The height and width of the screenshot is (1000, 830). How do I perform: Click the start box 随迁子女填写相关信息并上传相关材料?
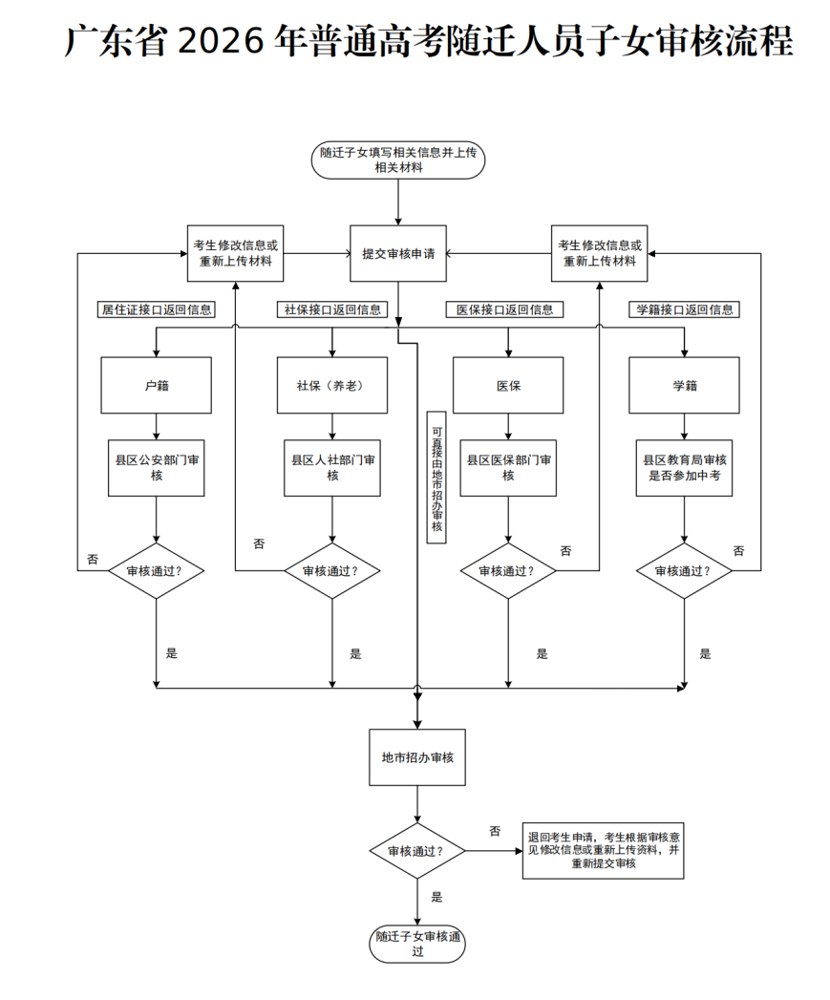pyautogui.click(x=398, y=160)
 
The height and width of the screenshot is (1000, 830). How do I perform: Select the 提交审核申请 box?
pyautogui.click(x=398, y=254)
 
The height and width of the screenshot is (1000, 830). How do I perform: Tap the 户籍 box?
pyautogui.click(x=157, y=386)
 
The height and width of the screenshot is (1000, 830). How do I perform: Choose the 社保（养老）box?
pyautogui.click(x=332, y=386)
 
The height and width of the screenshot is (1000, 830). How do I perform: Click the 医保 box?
pyautogui.click(x=508, y=386)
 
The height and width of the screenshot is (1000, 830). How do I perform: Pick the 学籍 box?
pyautogui.click(x=684, y=386)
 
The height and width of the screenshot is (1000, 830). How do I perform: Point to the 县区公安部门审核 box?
pyautogui.click(x=157, y=468)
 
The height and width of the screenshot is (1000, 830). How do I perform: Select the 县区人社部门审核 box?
pyautogui.click(x=332, y=468)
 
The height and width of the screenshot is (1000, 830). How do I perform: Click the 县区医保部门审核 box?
pyautogui.click(x=508, y=468)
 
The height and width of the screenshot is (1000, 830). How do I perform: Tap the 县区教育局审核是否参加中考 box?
pyautogui.click(x=684, y=468)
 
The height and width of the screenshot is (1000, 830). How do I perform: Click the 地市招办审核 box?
pyautogui.click(x=417, y=757)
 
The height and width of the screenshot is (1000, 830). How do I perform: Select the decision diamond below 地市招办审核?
pyautogui.click(x=417, y=850)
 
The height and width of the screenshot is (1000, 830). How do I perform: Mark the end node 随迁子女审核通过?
pyautogui.click(x=417, y=944)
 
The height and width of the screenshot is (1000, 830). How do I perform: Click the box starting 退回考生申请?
pyautogui.click(x=603, y=850)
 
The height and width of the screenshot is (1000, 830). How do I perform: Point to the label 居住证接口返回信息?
pyautogui.click(x=157, y=309)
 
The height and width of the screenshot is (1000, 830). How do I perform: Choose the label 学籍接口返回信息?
pyautogui.click(x=684, y=309)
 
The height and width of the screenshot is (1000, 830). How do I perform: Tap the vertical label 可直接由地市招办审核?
pyautogui.click(x=436, y=478)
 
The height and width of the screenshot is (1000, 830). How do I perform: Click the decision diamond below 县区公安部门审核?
pyautogui.click(x=157, y=571)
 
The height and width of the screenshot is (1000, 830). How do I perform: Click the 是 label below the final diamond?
pyautogui.click(x=437, y=897)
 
